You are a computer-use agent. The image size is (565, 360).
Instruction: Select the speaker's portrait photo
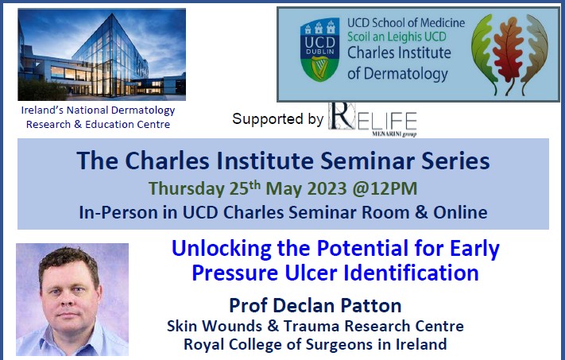[x=72, y=299]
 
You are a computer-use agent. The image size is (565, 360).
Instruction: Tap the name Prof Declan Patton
[x=315, y=305]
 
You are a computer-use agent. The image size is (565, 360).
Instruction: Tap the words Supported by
[x=277, y=119]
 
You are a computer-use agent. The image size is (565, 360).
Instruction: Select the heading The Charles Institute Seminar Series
[x=283, y=162]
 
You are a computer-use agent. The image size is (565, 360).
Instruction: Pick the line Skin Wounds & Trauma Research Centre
[x=315, y=326]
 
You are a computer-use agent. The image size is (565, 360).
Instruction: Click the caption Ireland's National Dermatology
[x=99, y=112]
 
